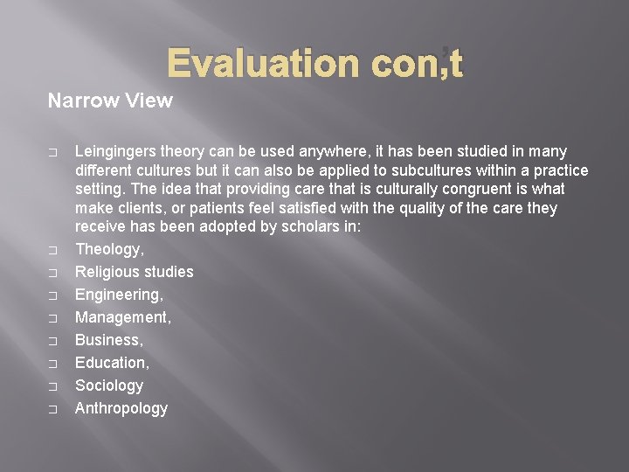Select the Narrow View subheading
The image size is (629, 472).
pos(110,101)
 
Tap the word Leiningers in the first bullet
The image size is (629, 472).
pos(115,151)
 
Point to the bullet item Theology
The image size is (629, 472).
pos(109,249)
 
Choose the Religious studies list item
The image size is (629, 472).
pos(134,272)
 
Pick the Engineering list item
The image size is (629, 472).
pos(119,295)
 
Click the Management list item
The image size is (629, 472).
pos(122,317)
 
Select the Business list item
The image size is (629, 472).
pos(109,340)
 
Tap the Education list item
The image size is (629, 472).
pos(112,363)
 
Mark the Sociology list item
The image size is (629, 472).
pos(108,385)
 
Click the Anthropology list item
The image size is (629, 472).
pos(121,408)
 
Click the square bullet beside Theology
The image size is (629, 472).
pos(52,250)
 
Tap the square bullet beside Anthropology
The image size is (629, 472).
pos(52,409)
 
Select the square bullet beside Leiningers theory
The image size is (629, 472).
pos(52,152)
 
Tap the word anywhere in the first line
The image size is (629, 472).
pos(300,151)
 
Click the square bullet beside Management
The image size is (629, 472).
pos(52,318)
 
